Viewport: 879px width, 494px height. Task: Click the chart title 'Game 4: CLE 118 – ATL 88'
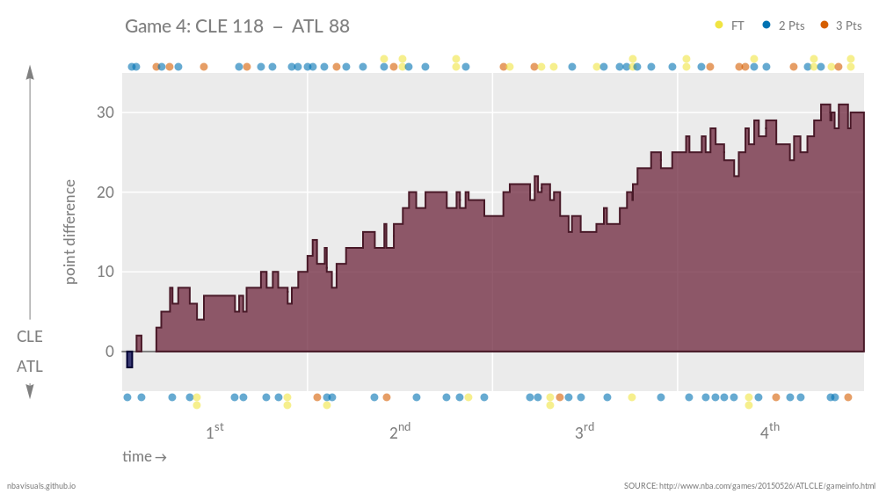tap(237, 26)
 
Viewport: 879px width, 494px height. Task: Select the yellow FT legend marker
tap(719, 25)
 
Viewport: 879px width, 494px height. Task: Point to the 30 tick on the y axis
tap(105, 113)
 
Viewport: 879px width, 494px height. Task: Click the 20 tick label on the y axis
tap(105, 193)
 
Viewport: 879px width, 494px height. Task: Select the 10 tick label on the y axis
tap(105, 272)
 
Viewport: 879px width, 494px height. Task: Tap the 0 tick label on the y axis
tap(110, 352)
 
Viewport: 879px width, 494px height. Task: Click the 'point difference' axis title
tap(69, 232)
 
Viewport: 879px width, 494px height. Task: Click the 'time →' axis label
tap(144, 457)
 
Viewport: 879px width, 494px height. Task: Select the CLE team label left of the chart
tap(30, 337)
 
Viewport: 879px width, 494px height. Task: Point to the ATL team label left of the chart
tap(30, 367)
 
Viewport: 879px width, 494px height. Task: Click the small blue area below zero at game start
tap(129, 360)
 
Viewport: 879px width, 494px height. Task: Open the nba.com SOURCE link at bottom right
tap(749, 485)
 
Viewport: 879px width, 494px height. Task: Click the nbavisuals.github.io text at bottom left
tap(41, 485)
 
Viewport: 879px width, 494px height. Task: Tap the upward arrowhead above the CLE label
tap(30, 72)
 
